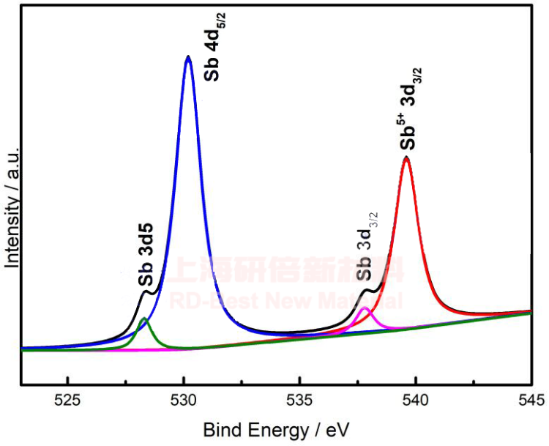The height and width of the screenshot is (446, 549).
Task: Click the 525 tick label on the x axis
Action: (x=67, y=401)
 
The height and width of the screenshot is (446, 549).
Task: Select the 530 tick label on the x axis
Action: (x=184, y=401)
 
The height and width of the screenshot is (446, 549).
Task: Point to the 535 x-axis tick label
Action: (x=299, y=401)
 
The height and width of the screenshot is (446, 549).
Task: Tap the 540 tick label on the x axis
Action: (x=416, y=401)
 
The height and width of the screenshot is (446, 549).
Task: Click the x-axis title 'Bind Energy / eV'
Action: (x=275, y=429)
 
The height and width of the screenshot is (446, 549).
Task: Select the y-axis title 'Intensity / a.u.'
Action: (x=12, y=206)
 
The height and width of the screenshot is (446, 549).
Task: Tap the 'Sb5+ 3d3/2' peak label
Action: (x=408, y=106)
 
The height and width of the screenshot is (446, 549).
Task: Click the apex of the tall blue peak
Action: (x=188, y=56)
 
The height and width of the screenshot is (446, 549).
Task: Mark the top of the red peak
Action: (x=406, y=157)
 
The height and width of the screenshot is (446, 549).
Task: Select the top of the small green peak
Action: (x=144, y=319)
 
